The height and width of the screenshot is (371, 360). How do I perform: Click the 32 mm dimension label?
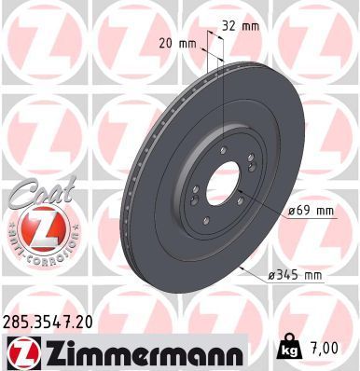(x=241, y=26)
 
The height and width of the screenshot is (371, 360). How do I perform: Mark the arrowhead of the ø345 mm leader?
(x=241, y=268)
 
